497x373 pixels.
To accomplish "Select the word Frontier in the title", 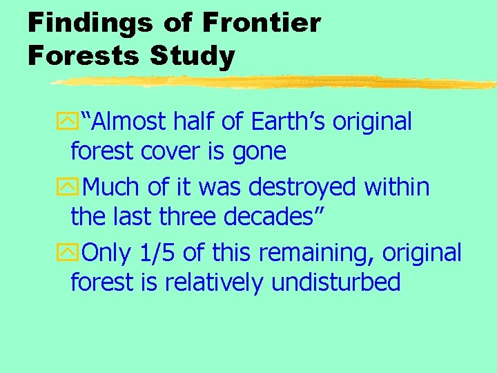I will point(262,23).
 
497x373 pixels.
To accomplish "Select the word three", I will point(191,217).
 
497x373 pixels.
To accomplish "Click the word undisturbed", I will point(336,283).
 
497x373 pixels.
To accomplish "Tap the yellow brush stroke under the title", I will point(276,83).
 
